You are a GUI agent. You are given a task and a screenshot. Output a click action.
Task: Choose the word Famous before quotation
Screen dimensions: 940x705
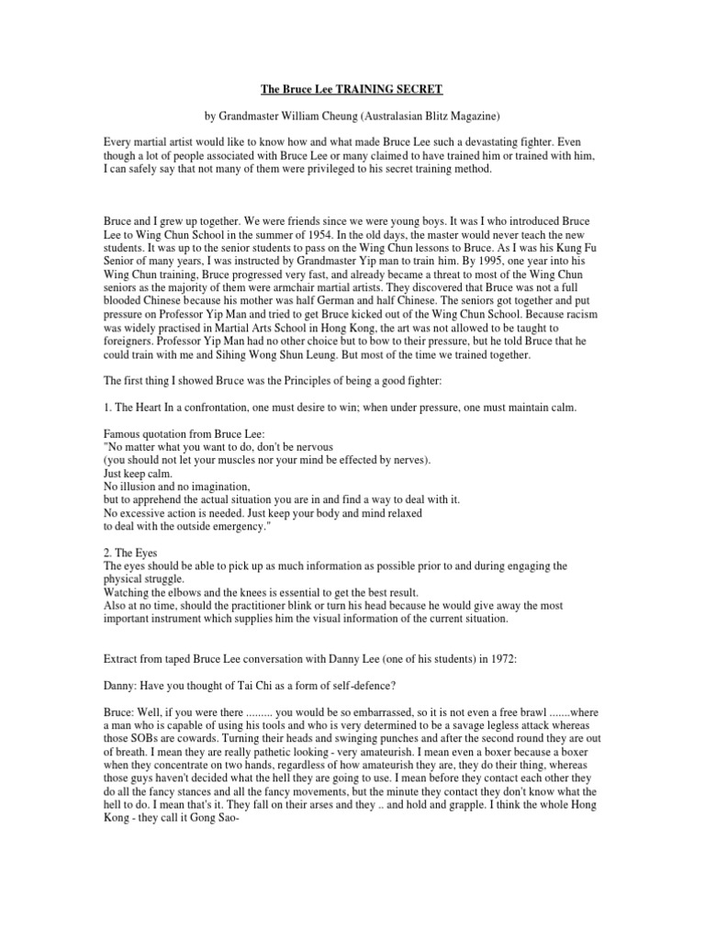click(x=123, y=434)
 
